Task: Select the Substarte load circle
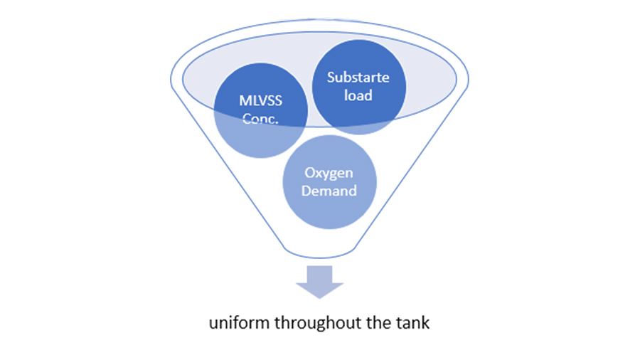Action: (359, 87)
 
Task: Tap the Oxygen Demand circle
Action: (330, 182)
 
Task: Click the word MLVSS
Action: (262, 100)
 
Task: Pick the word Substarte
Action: (359, 78)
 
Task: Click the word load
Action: (359, 95)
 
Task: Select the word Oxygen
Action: (330, 174)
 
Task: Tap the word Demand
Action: (330, 191)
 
